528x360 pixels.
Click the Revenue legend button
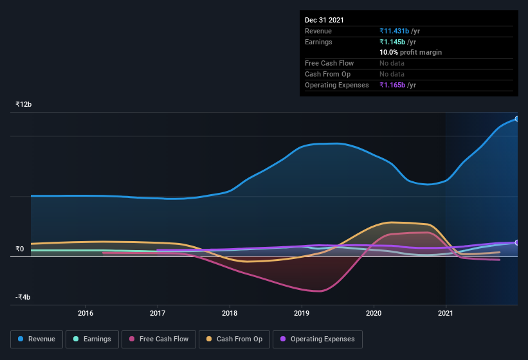37,339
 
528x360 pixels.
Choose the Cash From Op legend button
234,339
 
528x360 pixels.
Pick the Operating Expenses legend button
318,339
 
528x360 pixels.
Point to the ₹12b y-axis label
24,104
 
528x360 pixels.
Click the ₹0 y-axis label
20,249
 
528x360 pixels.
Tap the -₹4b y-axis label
23,297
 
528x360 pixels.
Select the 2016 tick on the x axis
86,313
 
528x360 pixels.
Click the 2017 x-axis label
158,313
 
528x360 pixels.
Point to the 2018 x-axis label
230,313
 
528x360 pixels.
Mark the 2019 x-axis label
302,313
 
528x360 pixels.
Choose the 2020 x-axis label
374,313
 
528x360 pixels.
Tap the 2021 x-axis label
446,313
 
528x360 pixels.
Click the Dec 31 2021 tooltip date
324,20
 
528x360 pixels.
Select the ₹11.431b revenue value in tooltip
395,31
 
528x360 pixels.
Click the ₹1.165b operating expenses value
394,85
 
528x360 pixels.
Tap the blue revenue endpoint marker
516,119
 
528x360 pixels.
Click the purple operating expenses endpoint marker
516,242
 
